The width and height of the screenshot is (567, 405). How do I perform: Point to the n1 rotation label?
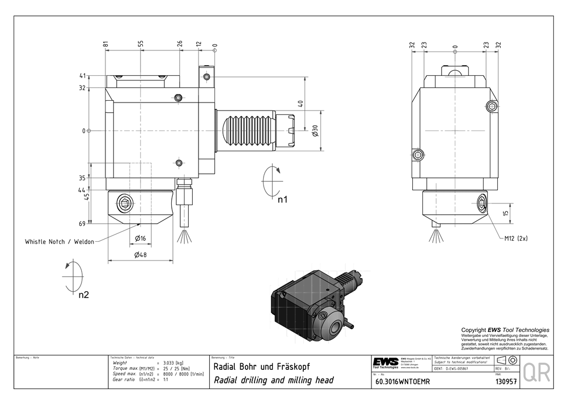[x=282, y=199]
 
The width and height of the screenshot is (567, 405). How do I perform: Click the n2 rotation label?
[x=83, y=295]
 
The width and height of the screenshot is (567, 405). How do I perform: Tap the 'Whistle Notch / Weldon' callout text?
[x=60, y=241]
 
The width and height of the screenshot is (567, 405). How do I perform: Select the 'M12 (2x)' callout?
[x=516, y=238]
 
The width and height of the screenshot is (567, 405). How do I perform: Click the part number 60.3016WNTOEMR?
[x=403, y=382]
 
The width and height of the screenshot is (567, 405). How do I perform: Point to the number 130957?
[x=506, y=382]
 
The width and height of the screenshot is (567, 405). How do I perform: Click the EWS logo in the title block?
[x=386, y=363]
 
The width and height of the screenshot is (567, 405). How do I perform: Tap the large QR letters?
[x=536, y=372]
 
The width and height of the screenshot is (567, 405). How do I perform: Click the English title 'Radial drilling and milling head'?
[x=273, y=380]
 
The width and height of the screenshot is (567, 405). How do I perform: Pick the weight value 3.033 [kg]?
[x=173, y=363]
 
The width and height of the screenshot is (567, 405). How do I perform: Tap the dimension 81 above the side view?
[x=106, y=44]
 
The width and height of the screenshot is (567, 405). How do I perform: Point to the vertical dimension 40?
[x=301, y=104]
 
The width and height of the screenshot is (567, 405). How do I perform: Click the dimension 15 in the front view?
[x=506, y=213]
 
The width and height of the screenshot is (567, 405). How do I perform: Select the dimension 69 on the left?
[x=82, y=224]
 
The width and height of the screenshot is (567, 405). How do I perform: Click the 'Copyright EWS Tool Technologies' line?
[x=505, y=330]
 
